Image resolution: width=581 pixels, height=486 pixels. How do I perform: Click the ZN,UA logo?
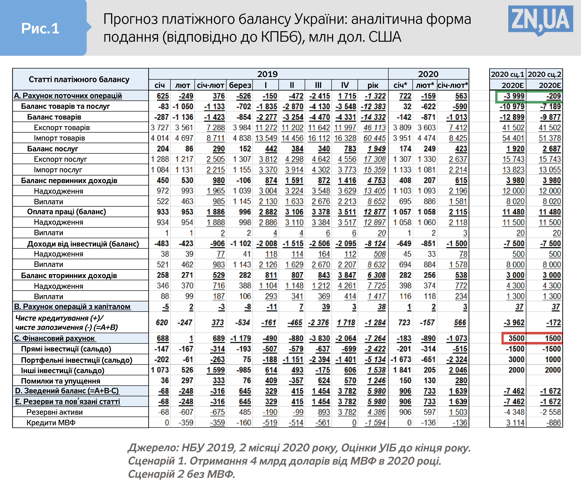(540, 21)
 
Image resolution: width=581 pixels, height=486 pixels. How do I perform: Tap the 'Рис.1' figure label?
(40, 28)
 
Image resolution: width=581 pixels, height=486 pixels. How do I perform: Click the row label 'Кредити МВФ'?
(51, 423)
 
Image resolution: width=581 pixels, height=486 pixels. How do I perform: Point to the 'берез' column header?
(240, 85)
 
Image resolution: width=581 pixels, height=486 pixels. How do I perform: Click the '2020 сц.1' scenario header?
(507, 74)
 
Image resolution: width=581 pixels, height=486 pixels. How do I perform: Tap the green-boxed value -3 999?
(514, 96)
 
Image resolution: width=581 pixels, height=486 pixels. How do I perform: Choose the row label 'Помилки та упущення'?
(61, 381)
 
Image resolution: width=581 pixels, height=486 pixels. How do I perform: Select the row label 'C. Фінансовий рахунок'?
(54, 338)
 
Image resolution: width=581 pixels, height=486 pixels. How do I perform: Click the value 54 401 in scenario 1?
(513, 138)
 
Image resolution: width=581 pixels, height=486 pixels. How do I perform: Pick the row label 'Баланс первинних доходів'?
(69, 181)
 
